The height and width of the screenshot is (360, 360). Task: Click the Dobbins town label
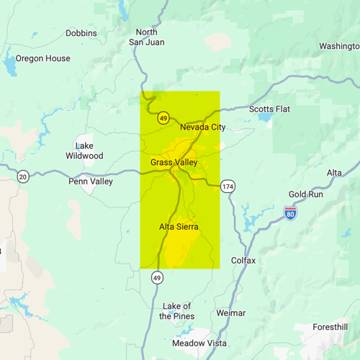click(x=81, y=33)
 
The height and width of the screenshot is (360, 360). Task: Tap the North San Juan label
click(x=146, y=37)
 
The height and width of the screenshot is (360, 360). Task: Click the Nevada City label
click(x=202, y=127)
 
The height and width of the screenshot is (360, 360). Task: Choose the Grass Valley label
click(x=174, y=163)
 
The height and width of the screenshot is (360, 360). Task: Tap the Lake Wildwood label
click(x=84, y=150)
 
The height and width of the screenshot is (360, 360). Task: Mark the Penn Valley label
click(x=91, y=181)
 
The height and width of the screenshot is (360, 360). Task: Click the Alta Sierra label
click(x=179, y=227)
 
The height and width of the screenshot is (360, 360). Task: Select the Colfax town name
click(x=243, y=260)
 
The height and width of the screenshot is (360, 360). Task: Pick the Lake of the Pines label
click(x=176, y=311)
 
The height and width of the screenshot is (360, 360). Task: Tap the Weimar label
click(x=230, y=313)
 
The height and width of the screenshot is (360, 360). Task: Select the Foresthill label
click(x=330, y=327)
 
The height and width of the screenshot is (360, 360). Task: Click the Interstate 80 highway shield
click(x=289, y=214)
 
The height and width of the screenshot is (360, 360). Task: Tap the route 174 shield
click(x=228, y=187)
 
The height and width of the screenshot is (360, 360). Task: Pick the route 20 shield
click(x=24, y=177)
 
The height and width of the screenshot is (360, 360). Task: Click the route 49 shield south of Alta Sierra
click(x=156, y=277)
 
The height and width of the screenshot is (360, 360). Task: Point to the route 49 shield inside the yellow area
click(x=164, y=117)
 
